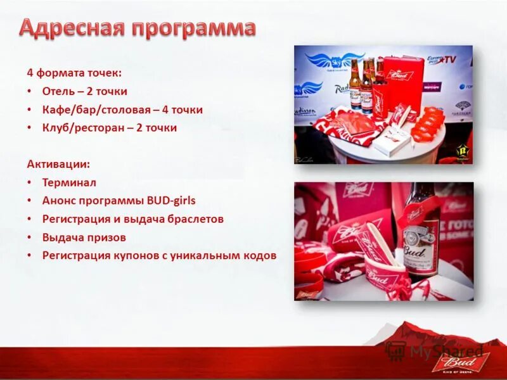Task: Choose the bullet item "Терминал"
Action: coord(69,182)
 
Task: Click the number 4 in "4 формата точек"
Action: coord(29,73)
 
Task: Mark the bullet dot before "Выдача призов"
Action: coord(30,237)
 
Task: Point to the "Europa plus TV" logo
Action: coord(440,60)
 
